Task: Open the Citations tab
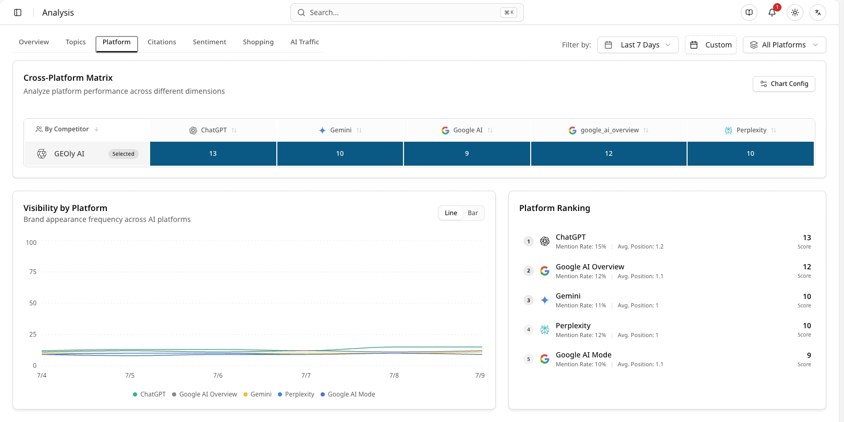tap(162, 42)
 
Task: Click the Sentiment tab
tap(210, 42)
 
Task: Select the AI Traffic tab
tap(304, 42)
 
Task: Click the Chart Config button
tap(784, 84)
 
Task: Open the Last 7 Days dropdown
tap(638, 45)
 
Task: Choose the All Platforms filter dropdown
tap(784, 45)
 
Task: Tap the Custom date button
tap(711, 45)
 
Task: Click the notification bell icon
tap(772, 13)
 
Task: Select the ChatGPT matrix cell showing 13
tap(213, 154)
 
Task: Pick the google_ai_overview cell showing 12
tap(608, 154)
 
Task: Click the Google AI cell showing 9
tap(467, 154)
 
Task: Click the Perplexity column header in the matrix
tap(750, 130)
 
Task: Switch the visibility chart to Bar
tap(473, 213)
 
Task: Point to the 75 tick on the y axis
tap(33, 272)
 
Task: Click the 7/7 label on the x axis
tap(306, 376)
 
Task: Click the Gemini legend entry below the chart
tap(258, 394)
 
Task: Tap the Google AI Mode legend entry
tap(348, 394)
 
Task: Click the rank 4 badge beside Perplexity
tap(528, 330)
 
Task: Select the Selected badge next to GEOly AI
tap(123, 154)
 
